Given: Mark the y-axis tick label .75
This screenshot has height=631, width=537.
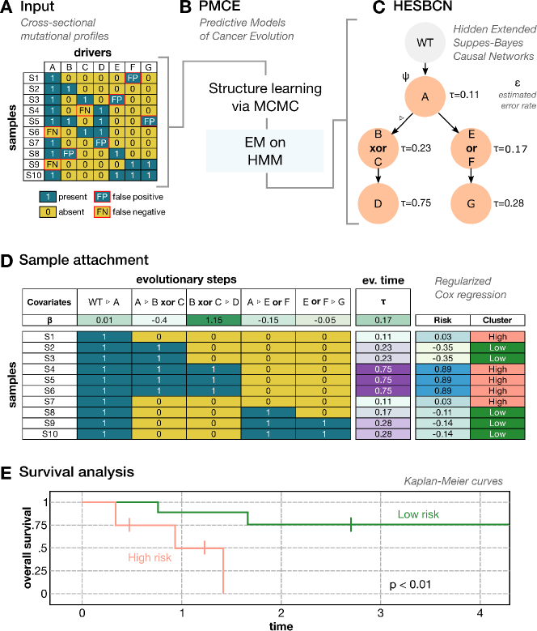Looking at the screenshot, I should point(66,524).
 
